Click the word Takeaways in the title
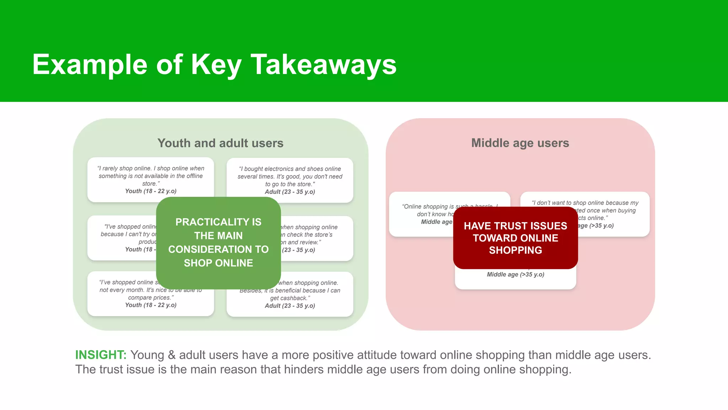(323, 65)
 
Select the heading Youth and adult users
(220, 143)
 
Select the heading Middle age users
(520, 143)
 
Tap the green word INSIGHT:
(101, 355)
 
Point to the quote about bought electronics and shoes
(290, 177)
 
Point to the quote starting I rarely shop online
(151, 176)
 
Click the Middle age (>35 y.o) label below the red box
(515, 274)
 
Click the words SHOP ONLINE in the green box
(218, 263)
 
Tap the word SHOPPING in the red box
(515, 250)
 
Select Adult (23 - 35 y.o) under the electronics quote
(290, 192)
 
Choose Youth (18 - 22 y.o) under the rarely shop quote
(151, 191)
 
